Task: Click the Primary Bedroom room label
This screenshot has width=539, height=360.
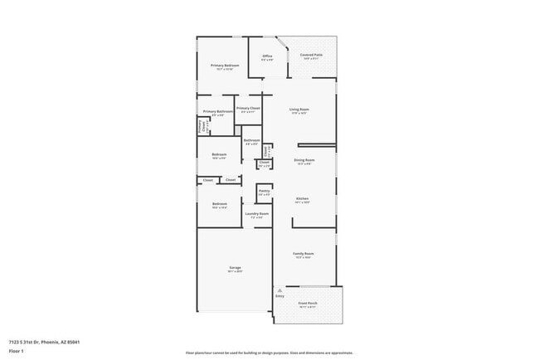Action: point(225,65)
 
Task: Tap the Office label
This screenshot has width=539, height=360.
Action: point(268,56)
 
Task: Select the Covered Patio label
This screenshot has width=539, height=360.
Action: point(312,55)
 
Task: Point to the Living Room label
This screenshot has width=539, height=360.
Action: point(299,109)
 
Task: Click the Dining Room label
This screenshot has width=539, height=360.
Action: point(304,160)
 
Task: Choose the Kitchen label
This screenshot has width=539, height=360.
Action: point(303,198)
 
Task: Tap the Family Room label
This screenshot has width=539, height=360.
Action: point(303,254)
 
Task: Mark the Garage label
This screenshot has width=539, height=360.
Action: point(236,268)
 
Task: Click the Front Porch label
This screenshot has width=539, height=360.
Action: point(307,304)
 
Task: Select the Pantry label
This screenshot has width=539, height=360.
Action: point(264,191)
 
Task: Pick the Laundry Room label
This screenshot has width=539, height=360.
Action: point(257,214)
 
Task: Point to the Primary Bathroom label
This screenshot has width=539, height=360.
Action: point(215,111)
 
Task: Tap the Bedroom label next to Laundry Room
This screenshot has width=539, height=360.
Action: point(219,204)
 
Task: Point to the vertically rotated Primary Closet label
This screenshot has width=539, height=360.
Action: point(201,126)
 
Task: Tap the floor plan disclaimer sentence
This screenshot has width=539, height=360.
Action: point(269,353)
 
